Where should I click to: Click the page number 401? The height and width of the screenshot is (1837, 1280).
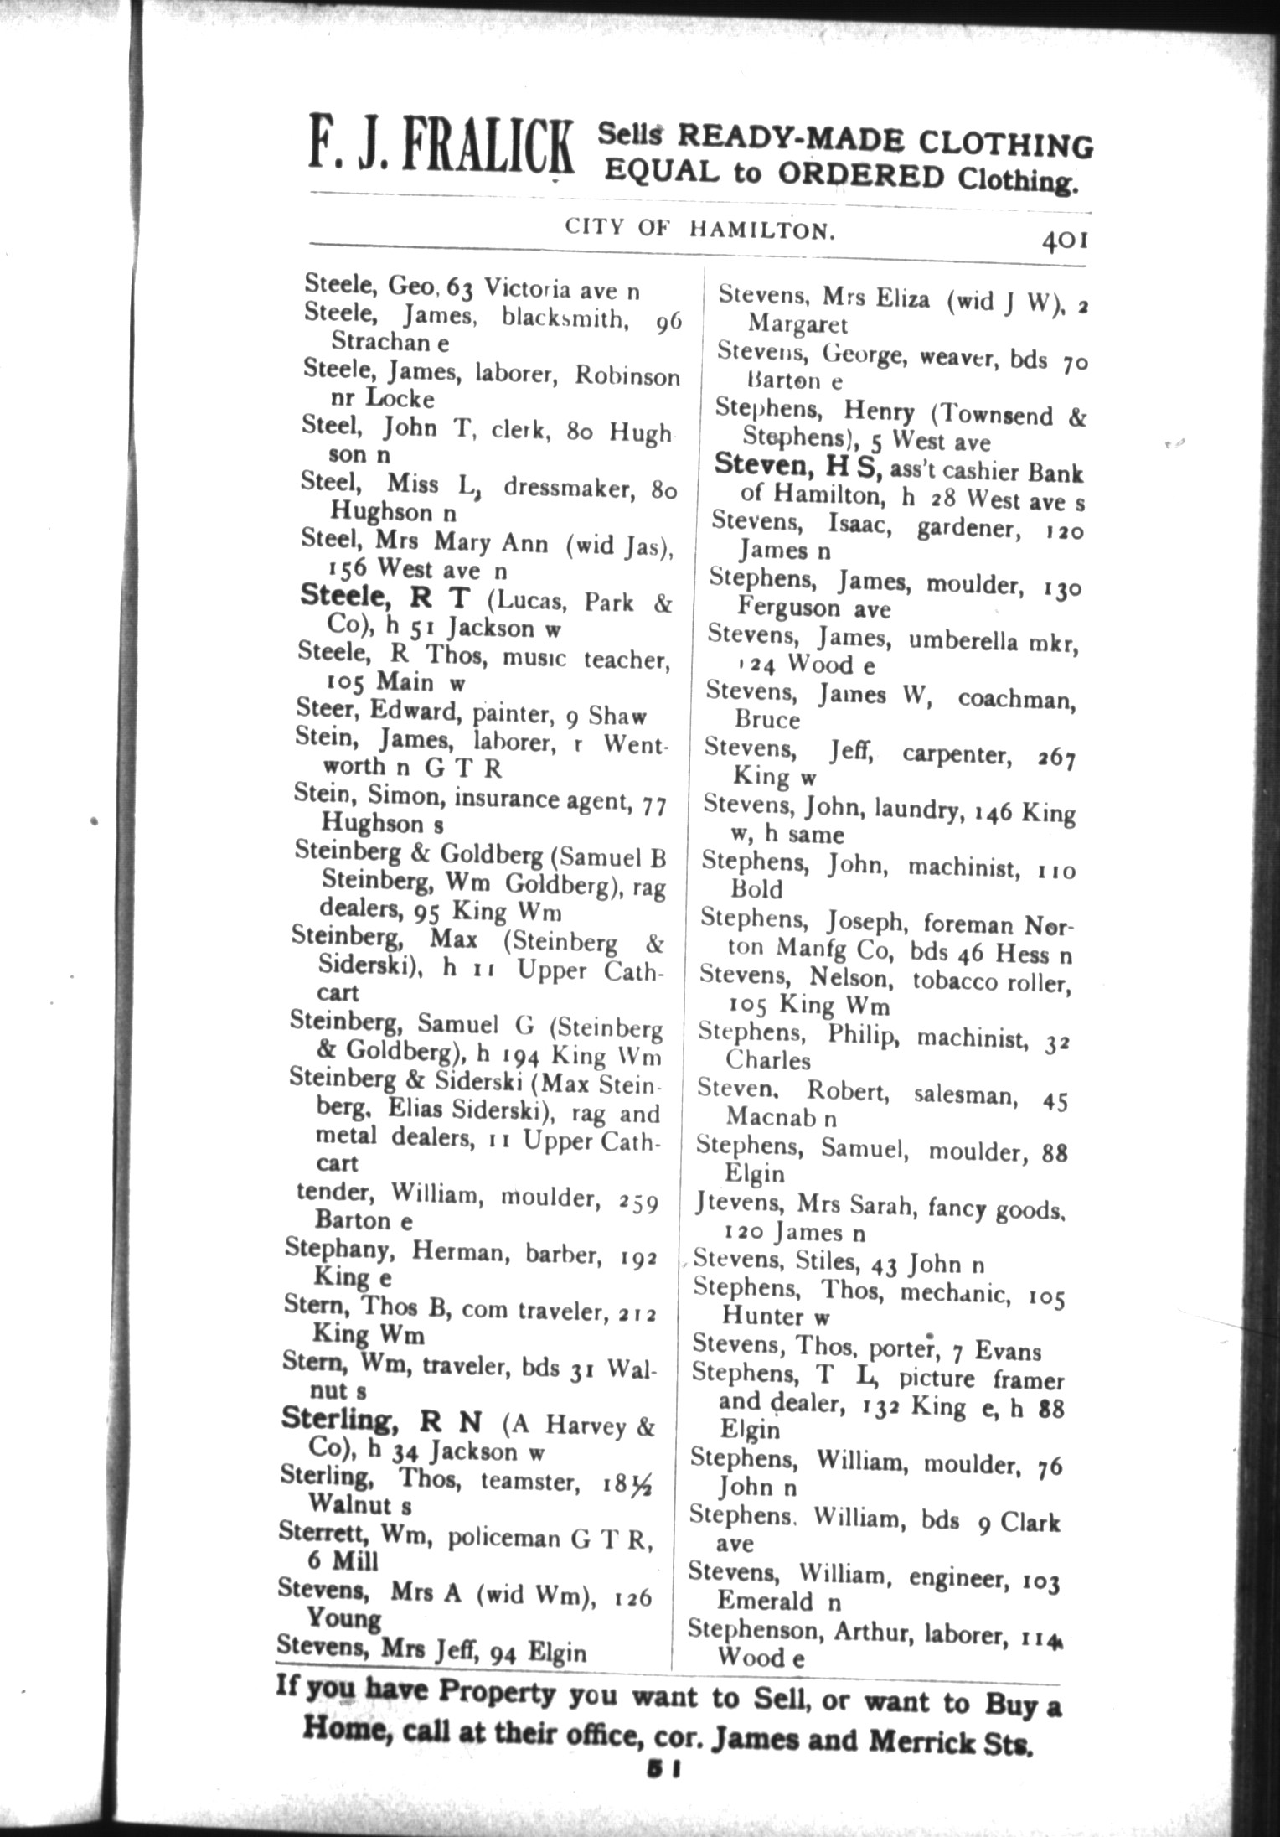tap(1064, 241)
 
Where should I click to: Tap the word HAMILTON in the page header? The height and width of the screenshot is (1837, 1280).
tap(761, 229)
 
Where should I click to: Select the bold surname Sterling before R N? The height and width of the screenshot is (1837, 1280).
tap(337, 1418)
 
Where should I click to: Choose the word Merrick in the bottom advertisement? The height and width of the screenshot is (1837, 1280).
tap(926, 1741)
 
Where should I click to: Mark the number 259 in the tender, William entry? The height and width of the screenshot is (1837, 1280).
tap(637, 1202)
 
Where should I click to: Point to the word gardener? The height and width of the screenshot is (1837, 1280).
tap(968, 528)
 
